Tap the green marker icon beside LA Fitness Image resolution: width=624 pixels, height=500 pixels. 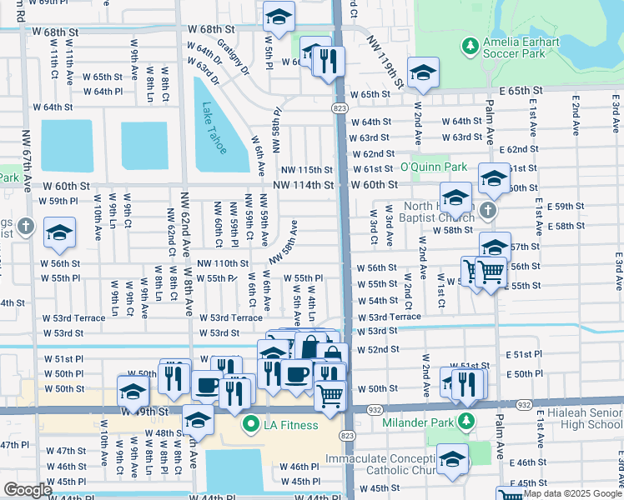pos(249,426)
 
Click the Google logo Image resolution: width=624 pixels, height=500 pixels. pos(28,490)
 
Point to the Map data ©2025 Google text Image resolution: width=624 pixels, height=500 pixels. pos(571,493)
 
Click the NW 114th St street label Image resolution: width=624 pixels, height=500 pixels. pos(306,185)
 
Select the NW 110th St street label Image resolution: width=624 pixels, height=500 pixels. pos(223,263)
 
